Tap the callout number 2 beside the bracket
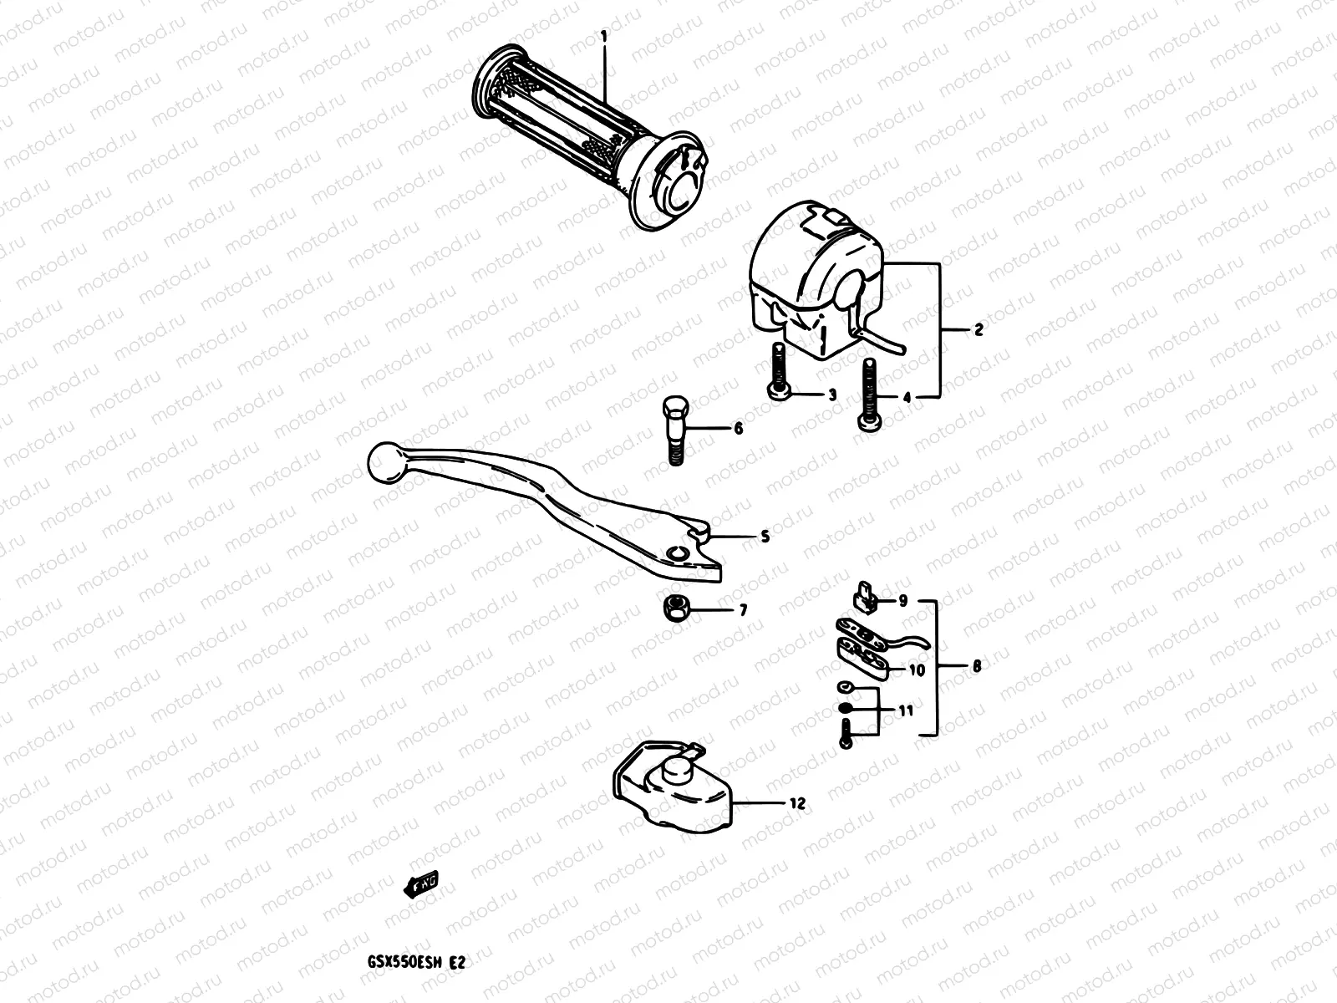pyautogui.click(x=979, y=328)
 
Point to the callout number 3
pyautogui.click(x=831, y=395)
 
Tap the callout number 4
pyautogui.click(x=907, y=398)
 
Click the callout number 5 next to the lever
pyautogui.click(x=765, y=536)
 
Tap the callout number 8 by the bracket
pyautogui.click(x=976, y=666)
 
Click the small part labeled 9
pyautogui.click(x=863, y=596)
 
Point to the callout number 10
pyautogui.click(x=916, y=670)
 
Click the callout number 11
pyautogui.click(x=905, y=710)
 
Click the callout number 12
pyautogui.click(x=796, y=803)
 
